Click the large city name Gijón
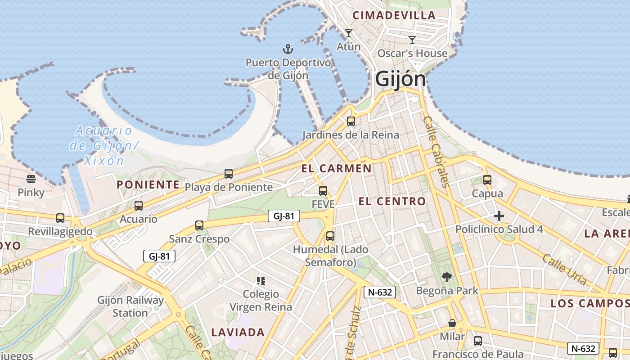click(x=400, y=79)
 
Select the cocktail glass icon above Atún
click(x=348, y=33)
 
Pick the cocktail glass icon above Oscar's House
click(x=412, y=40)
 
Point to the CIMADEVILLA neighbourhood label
click(x=394, y=15)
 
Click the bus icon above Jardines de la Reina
click(x=351, y=121)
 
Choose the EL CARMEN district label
click(x=337, y=169)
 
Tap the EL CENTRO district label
click(x=392, y=201)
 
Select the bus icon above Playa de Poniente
click(x=229, y=173)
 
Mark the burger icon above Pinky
click(x=31, y=179)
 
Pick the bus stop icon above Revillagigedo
click(x=60, y=218)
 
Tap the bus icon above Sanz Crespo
click(x=199, y=225)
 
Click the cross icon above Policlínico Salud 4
click(x=499, y=216)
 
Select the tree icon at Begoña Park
click(x=446, y=277)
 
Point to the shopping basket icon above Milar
click(x=452, y=323)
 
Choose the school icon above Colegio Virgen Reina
click(x=261, y=281)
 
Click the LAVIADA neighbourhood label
click(x=238, y=333)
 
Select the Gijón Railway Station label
click(x=130, y=306)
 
